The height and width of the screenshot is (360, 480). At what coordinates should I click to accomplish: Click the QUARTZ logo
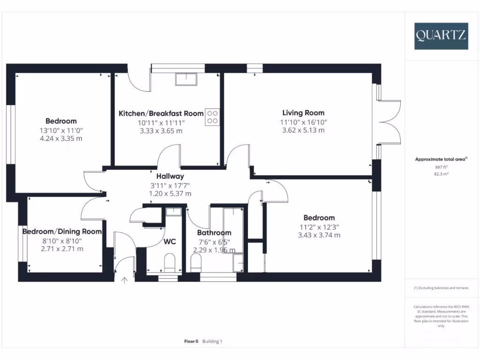[441, 35]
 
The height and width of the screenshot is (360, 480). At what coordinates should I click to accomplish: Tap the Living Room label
[303, 112]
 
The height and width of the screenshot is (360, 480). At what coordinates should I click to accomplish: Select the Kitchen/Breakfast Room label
[161, 113]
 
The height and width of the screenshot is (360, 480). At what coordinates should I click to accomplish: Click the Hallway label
[170, 176]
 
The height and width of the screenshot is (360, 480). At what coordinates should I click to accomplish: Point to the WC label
[170, 242]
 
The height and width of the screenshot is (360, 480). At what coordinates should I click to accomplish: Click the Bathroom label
[214, 233]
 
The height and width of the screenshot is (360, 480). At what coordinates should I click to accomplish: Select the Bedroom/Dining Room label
[62, 232]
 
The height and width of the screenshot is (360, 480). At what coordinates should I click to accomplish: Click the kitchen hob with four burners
[212, 117]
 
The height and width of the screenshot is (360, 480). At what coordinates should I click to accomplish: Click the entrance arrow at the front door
[124, 281]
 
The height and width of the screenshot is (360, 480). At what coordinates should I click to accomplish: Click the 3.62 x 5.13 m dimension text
[303, 130]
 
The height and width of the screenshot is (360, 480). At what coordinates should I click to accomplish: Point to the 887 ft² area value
[441, 166]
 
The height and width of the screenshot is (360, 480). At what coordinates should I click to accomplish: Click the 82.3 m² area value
[441, 173]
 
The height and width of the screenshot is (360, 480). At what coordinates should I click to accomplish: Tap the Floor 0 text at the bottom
[191, 342]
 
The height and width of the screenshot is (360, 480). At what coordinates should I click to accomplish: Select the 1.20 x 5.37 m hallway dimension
[170, 194]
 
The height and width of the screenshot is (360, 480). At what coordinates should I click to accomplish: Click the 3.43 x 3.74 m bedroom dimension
[319, 235]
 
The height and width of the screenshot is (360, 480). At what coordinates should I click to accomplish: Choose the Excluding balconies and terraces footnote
[441, 288]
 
